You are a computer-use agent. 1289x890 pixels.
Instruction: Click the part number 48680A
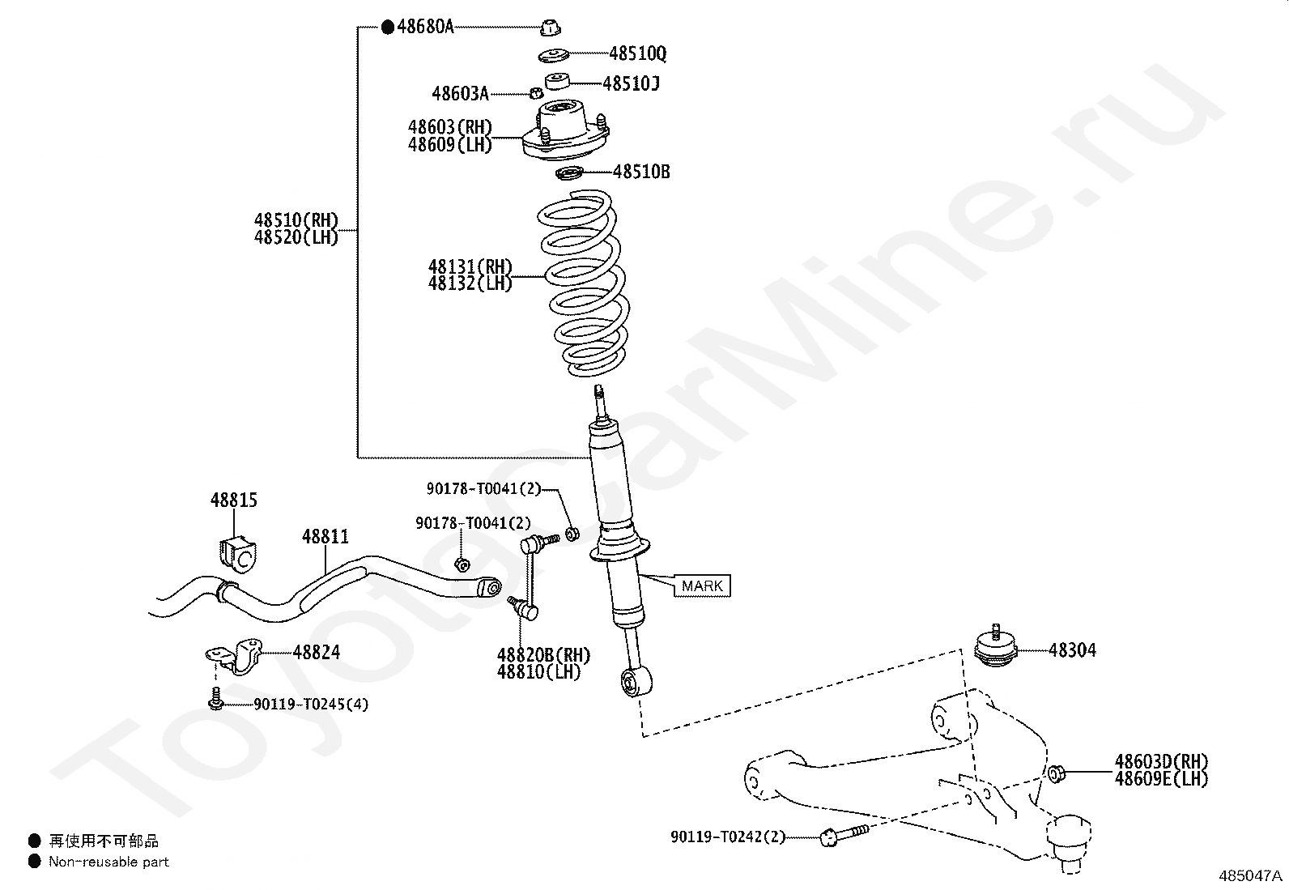coord(425,28)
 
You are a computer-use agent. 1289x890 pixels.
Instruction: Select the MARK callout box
coord(702,586)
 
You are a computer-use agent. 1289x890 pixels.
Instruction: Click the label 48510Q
coord(638,53)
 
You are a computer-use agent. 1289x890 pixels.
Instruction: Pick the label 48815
coord(234,500)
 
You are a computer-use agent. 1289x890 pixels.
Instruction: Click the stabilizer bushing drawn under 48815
coord(235,552)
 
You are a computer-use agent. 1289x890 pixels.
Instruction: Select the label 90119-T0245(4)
coord(311,705)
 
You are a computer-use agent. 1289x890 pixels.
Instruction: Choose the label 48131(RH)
coord(470,267)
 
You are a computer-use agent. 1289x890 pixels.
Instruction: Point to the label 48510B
coord(641,172)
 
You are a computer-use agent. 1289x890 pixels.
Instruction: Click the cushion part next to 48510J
coord(556,81)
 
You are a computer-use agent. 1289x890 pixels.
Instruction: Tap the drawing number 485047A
coord(1251,876)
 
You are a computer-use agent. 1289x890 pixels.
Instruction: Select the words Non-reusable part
coord(109,862)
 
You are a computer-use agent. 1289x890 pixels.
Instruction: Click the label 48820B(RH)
coord(544,655)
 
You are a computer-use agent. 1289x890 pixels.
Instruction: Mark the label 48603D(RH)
coord(1161,761)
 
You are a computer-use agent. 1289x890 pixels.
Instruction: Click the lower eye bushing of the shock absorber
coord(632,682)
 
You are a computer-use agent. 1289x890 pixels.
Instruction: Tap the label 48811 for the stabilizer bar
coord(325,536)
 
